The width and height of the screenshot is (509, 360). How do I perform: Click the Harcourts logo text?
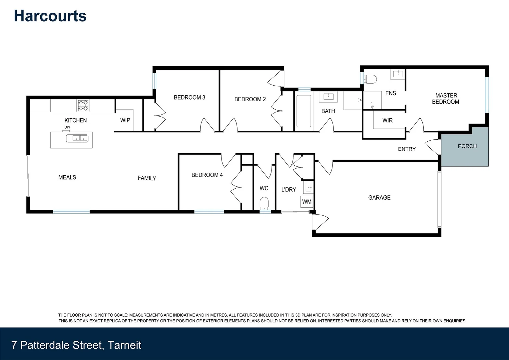click(50, 16)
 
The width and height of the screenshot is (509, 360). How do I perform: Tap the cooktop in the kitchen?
click(83, 105)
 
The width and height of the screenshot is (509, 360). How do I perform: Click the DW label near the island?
click(67, 127)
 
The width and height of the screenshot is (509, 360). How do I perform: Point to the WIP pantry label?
click(125, 120)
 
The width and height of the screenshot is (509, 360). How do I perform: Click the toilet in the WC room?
click(264, 203)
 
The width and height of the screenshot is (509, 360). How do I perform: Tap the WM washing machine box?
click(307, 202)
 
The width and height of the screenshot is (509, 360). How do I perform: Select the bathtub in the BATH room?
click(303, 111)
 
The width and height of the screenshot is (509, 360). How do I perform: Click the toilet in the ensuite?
click(371, 79)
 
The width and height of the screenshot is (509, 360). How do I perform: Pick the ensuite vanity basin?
click(397, 74)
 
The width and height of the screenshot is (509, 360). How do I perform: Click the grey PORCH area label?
click(467, 146)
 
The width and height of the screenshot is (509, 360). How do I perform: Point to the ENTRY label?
click(407, 149)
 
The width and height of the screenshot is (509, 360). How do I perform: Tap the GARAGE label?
click(379, 198)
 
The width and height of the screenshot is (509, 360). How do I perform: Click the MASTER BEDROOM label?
click(446, 99)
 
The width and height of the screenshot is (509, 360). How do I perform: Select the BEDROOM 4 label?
click(207, 175)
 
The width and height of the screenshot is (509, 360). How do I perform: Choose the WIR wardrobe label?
click(387, 120)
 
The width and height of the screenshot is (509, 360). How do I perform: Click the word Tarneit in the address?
click(125, 345)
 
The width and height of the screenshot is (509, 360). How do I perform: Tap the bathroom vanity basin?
click(328, 97)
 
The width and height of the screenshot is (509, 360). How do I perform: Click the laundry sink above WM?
click(308, 187)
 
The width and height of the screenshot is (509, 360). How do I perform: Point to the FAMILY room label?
click(147, 178)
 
